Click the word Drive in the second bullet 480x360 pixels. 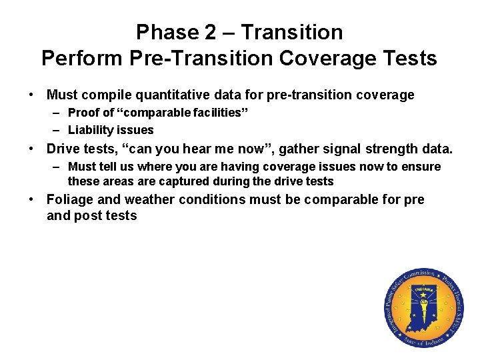click(x=63, y=149)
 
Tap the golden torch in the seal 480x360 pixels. click(x=423, y=307)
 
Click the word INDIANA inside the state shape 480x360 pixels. click(x=423, y=290)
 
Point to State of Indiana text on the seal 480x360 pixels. click(x=423, y=339)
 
